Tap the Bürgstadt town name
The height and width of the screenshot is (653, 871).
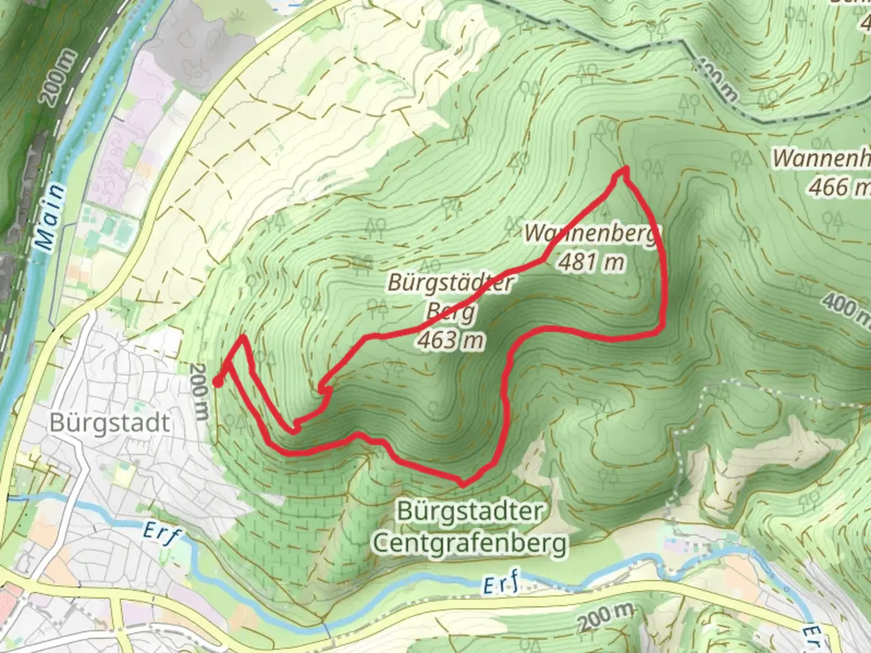point(109,423)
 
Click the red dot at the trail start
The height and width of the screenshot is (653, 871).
point(217,381)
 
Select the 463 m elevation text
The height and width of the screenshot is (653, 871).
point(450,340)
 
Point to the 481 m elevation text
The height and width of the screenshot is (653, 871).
point(591,262)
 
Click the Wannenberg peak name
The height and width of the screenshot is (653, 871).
point(590,234)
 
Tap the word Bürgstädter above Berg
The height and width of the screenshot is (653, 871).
point(450,283)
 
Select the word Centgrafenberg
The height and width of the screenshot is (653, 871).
point(470,542)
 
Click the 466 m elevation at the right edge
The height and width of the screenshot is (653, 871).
point(838,187)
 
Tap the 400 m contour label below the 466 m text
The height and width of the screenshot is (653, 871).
point(847,307)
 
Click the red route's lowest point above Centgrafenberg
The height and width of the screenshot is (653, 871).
point(463,484)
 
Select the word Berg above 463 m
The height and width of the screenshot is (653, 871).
point(451,311)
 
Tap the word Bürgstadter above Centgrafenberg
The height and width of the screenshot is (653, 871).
point(470,512)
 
